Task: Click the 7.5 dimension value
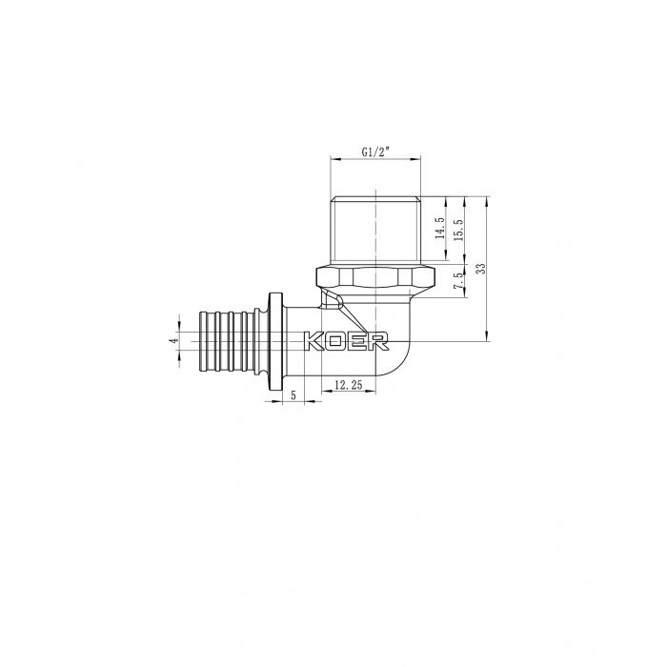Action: pos(460,281)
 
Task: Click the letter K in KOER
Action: pos(313,340)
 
